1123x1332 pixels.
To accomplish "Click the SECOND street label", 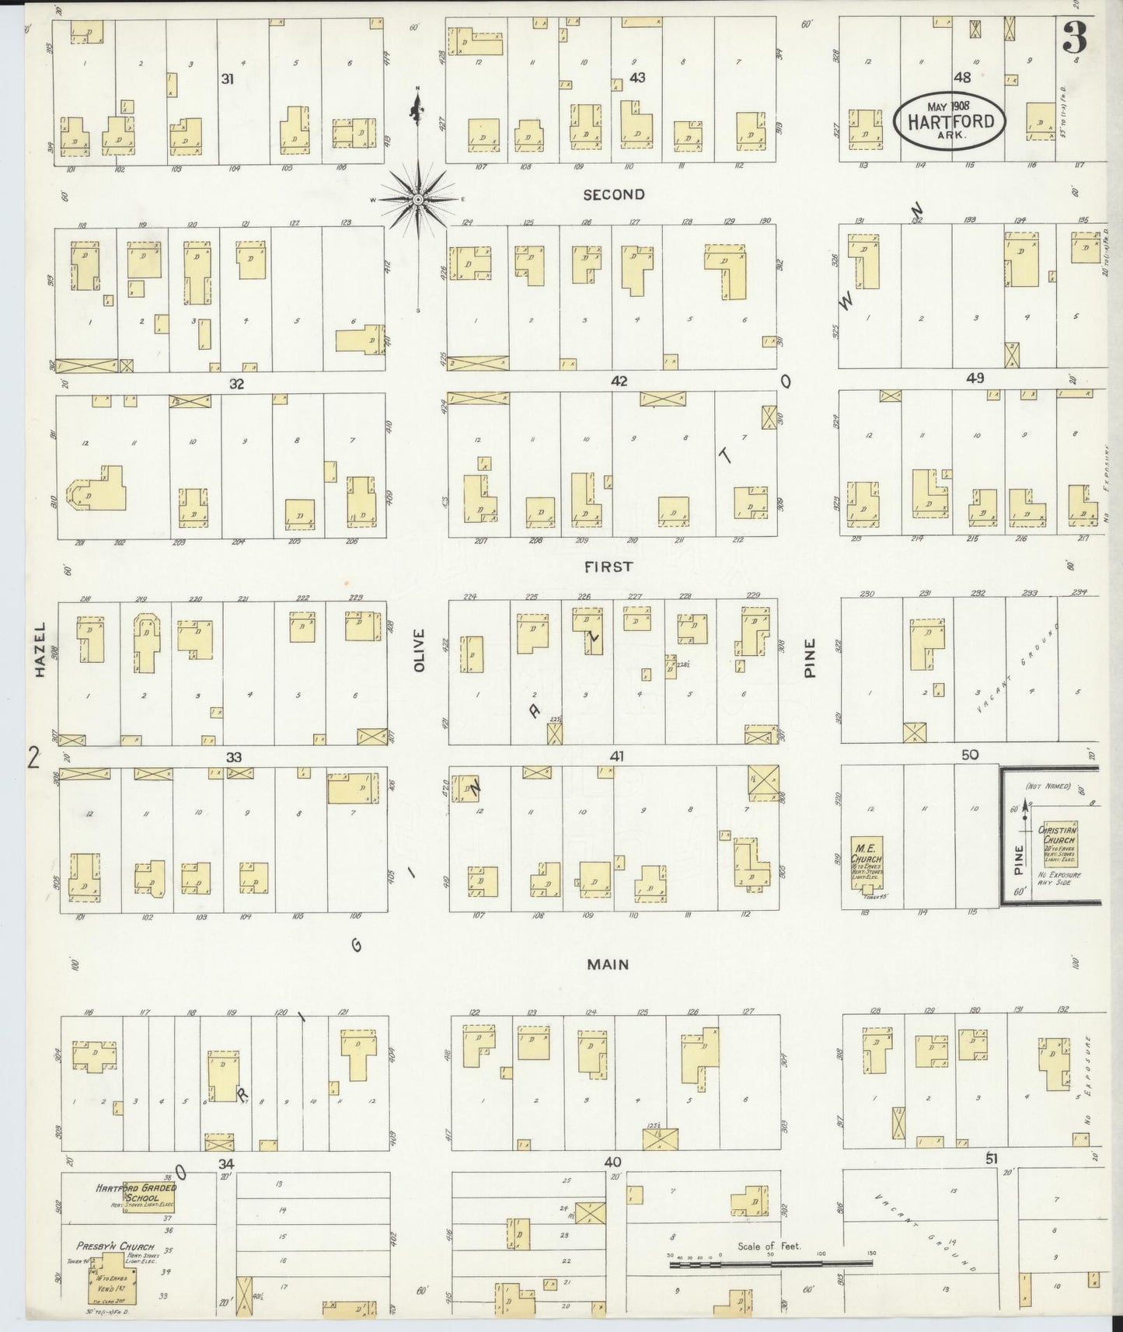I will (x=614, y=194).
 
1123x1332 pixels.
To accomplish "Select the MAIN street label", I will (x=607, y=964).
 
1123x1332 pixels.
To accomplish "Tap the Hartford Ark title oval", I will (x=949, y=120).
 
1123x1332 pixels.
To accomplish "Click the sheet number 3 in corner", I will (x=1075, y=37).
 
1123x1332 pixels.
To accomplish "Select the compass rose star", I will (x=418, y=200).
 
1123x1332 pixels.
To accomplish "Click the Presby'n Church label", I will (x=114, y=1247).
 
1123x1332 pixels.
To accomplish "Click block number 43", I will (x=637, y=78).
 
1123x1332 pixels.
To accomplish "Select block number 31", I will (x=227, y=78).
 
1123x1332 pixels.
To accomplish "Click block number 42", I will (x=619, y=381).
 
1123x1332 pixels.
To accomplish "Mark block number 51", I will (x=991, y=1159).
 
